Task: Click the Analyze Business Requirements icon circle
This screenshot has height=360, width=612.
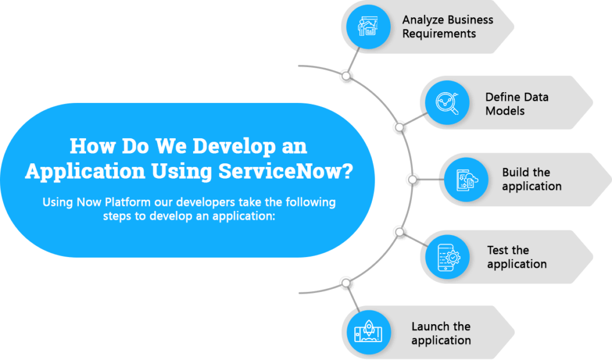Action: (x=368, y=27)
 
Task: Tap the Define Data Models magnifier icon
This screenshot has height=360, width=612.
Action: (x=447, y=103)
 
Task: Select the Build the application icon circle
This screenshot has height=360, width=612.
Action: (x=466, y=179)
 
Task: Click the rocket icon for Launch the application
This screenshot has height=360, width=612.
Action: (x=368, y=332)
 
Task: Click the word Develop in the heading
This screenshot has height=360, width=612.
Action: (x=234, y=146)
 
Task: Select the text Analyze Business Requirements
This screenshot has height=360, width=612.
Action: (x=448, y=26)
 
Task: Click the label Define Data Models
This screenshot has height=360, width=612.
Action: (x=517, y=104)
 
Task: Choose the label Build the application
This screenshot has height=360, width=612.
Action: (x=531, y=179)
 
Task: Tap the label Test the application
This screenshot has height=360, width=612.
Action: (x=517, y=257)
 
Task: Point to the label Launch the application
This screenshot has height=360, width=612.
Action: (x=441, y=333)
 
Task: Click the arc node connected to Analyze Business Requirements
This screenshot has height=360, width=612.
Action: (x=346, y=76)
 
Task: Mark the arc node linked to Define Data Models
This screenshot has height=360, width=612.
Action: (x=399, y=127)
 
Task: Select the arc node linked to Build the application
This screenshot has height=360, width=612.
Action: (x=412, y=179)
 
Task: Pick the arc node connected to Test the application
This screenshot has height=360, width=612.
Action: (x=399, y=232)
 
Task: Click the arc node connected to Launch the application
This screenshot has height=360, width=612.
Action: (x=346, y=283)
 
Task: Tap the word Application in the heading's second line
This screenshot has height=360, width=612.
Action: (x=85, y=172)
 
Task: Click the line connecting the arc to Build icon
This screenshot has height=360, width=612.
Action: (x=431, y=179)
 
